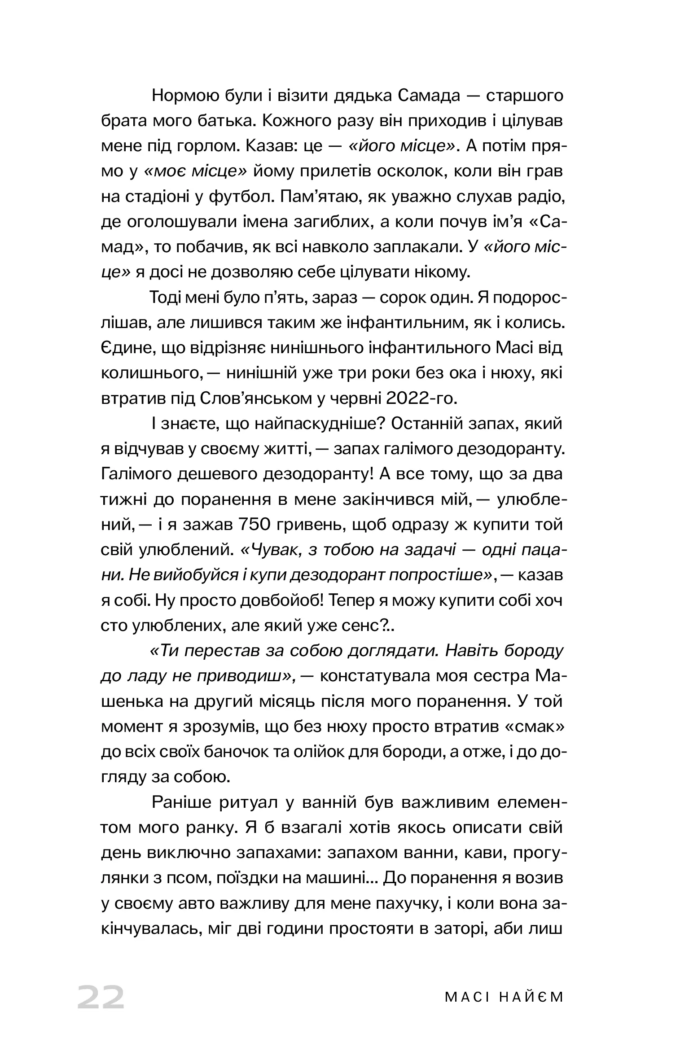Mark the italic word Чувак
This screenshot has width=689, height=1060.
[x=272, y=550]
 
